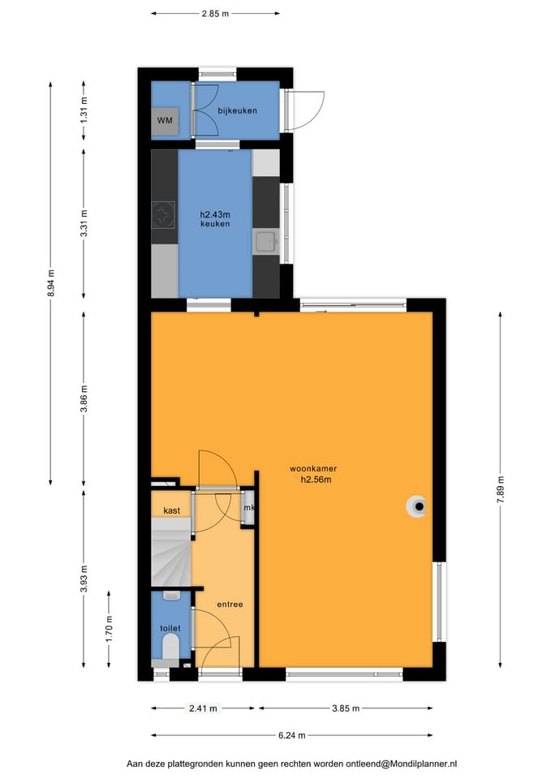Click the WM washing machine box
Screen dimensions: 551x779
165,121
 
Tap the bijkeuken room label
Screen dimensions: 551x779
238,110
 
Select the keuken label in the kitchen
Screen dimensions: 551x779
215,224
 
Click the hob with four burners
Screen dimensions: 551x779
163,214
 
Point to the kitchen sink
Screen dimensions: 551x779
266,242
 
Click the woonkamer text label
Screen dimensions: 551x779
313,468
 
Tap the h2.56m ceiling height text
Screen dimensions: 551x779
316,480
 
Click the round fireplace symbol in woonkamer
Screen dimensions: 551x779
417,506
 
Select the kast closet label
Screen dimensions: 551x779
172,510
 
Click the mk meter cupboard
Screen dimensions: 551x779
248,507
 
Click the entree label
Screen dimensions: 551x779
230,604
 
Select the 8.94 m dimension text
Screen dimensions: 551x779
50,283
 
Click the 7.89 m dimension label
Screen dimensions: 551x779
501,490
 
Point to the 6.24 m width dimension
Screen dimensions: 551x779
291,735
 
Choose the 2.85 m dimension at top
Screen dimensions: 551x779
215,14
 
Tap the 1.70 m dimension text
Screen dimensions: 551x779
110,629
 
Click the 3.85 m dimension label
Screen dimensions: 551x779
346,708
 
